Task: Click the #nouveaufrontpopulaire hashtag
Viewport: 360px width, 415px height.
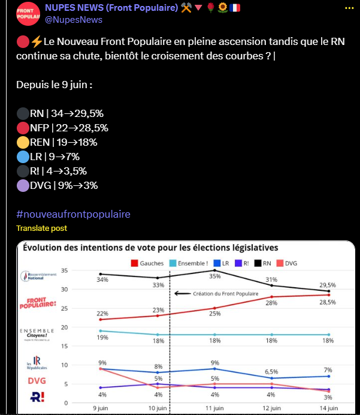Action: click(73, 214)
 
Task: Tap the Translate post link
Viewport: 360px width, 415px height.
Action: click(41, 228)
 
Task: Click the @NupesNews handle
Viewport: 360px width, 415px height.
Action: click(74, 20)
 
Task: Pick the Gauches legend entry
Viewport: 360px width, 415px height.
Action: click(149, 263)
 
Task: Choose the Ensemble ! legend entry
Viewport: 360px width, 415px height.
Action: click(192, 263)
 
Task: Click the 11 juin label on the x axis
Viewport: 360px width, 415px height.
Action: click(214, 408)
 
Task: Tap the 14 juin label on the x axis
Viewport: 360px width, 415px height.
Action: click(328, 408)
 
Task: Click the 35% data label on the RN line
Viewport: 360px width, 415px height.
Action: click(214, 277)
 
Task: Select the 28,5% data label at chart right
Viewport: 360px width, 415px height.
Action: click(327, 302)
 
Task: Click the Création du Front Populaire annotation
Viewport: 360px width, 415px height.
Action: click(217, 293)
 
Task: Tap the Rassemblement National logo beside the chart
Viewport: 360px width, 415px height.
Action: click(38, 277)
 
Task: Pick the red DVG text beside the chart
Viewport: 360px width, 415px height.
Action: click(37, 380)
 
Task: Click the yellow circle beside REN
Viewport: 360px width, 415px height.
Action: click(23, 142)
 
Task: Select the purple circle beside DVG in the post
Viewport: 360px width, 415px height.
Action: click(23, 185)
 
